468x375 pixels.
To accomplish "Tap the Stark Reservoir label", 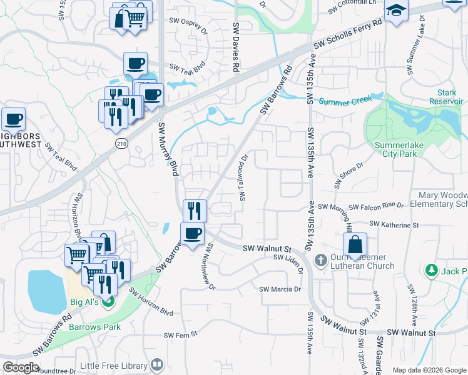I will pyautogui.click(x=445, y=97).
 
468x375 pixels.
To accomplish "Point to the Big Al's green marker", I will pyautogui.click(x=108, y=302).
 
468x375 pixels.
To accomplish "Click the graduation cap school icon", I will pyautogui.click(x=396, y=11).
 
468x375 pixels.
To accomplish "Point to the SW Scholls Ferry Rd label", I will pyautogui.click(x=348, y=35).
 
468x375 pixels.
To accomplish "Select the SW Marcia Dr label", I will pyautogui.click(x=280, y=289).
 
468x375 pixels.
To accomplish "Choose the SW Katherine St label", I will pyautogui.click(x=394, y=224).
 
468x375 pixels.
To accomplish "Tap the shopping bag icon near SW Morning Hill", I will pyautogui.click(x=355, y=244).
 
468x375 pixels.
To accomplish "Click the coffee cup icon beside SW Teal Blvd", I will pyautogui.click(x=135, y=64).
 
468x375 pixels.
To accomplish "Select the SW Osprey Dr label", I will pyautogui.click(x=188, y=21).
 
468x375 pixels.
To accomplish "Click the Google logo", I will pyautogui.click(x=21, y=367).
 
